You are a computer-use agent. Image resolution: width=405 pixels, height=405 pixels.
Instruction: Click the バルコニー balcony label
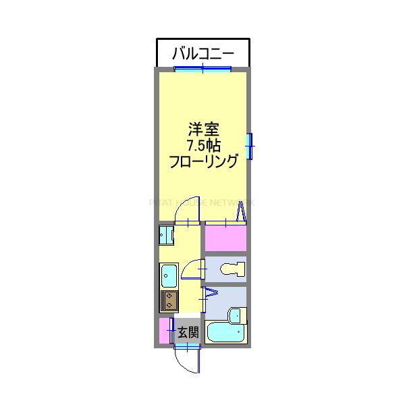pyautogui.click(x=203, y=52)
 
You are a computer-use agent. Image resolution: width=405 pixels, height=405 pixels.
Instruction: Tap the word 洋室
pyautogui.click(x=203, y=128)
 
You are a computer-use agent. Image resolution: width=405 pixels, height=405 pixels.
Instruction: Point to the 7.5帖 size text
pyautogui.click(x=203, y=145)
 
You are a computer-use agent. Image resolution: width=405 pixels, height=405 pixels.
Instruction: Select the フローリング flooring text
pyautogui.click(x=203, y=162)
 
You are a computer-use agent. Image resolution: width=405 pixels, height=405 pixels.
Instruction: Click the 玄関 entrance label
pyautogui.click(x=188, y=331)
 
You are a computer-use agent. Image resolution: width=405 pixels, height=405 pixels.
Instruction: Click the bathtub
pyautogui.click(x=225, y=333)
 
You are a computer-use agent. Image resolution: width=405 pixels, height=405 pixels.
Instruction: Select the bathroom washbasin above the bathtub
pyautogui.click(x=236, y=315)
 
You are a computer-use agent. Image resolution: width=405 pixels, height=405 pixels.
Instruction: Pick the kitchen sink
pyautogui.click(x=169, y=275)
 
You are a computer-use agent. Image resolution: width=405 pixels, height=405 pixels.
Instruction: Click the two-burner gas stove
pyautogui.click(x=169, y=300)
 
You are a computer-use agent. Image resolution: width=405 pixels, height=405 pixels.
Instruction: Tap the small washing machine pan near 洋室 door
pyautogui.click(x=166, y=235)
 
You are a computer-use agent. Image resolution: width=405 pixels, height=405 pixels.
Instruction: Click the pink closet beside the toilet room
pyautogui.click(x=225, y=238)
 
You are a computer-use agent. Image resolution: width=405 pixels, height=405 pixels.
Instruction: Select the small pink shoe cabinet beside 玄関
pyautogui.click(x=164, y=331)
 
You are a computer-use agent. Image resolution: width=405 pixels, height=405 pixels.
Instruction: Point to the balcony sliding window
pyautogui.click(x=203, y=68)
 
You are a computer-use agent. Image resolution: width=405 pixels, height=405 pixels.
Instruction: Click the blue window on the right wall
pyautogui.click(x=249, y=146)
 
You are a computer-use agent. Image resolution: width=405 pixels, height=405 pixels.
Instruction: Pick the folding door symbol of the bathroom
pyautogui.click(x=210, y=294)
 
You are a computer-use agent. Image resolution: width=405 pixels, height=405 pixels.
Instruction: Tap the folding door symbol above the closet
pyautogui.click(x=240, y=215)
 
